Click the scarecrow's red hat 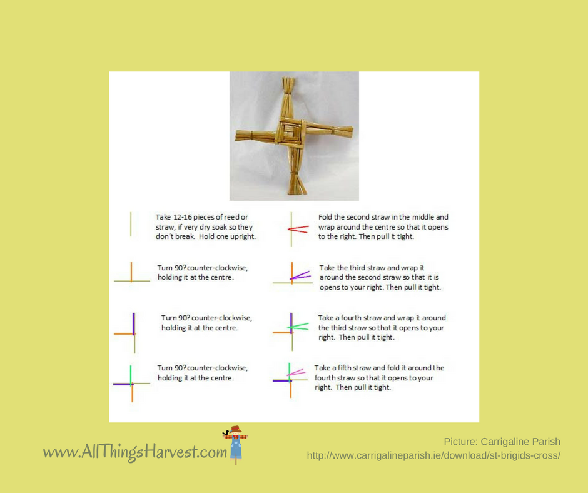click(235, 429)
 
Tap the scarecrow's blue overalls click(236, 449)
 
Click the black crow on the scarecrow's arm click(226, 432)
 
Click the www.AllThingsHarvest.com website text click(135, 452)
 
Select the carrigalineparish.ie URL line click(433, 455)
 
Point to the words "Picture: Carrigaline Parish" click(502, 442)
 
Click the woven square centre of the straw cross click(290, 131)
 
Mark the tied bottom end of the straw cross click(297, 183)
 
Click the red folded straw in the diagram click(298, 229)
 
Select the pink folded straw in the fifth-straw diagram click(297, 372)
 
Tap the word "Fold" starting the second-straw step click(325, 217)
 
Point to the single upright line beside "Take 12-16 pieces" click(131, 225)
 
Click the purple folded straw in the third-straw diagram click(300, 275)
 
